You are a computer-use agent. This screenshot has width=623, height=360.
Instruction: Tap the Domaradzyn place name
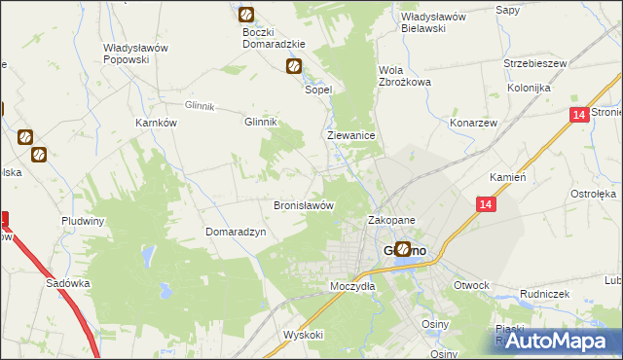pos(235,232)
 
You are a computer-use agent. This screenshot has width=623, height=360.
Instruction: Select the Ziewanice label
pos(351,137)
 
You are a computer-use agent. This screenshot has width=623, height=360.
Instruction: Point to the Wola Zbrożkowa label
pos(404,75)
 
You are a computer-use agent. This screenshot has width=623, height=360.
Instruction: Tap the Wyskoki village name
pos(303,334)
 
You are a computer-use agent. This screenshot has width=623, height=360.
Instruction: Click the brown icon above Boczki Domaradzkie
pos(246,15)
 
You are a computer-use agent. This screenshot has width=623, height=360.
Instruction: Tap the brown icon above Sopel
pos(293,66)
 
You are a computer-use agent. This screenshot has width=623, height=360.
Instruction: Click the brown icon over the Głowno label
pos(403,249)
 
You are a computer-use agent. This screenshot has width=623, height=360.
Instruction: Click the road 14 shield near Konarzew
pos(579,115)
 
